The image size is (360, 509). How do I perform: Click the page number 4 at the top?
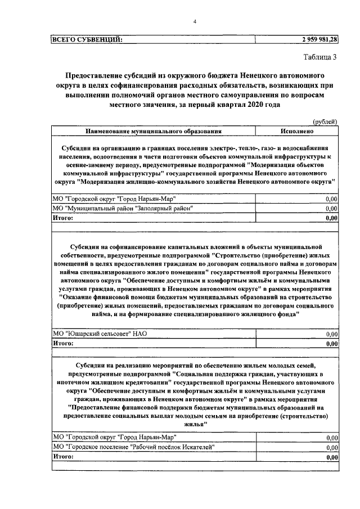tap(194, 21)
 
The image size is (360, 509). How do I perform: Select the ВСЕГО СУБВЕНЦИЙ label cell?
tap(87, 39)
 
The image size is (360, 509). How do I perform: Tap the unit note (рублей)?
tap(325, 121)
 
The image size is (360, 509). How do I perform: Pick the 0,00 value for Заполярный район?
tap(332, 209)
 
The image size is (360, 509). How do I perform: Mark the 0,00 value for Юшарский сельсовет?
tap(332, 334)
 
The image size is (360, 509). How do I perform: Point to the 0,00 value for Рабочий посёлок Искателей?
tap(332, 447)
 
